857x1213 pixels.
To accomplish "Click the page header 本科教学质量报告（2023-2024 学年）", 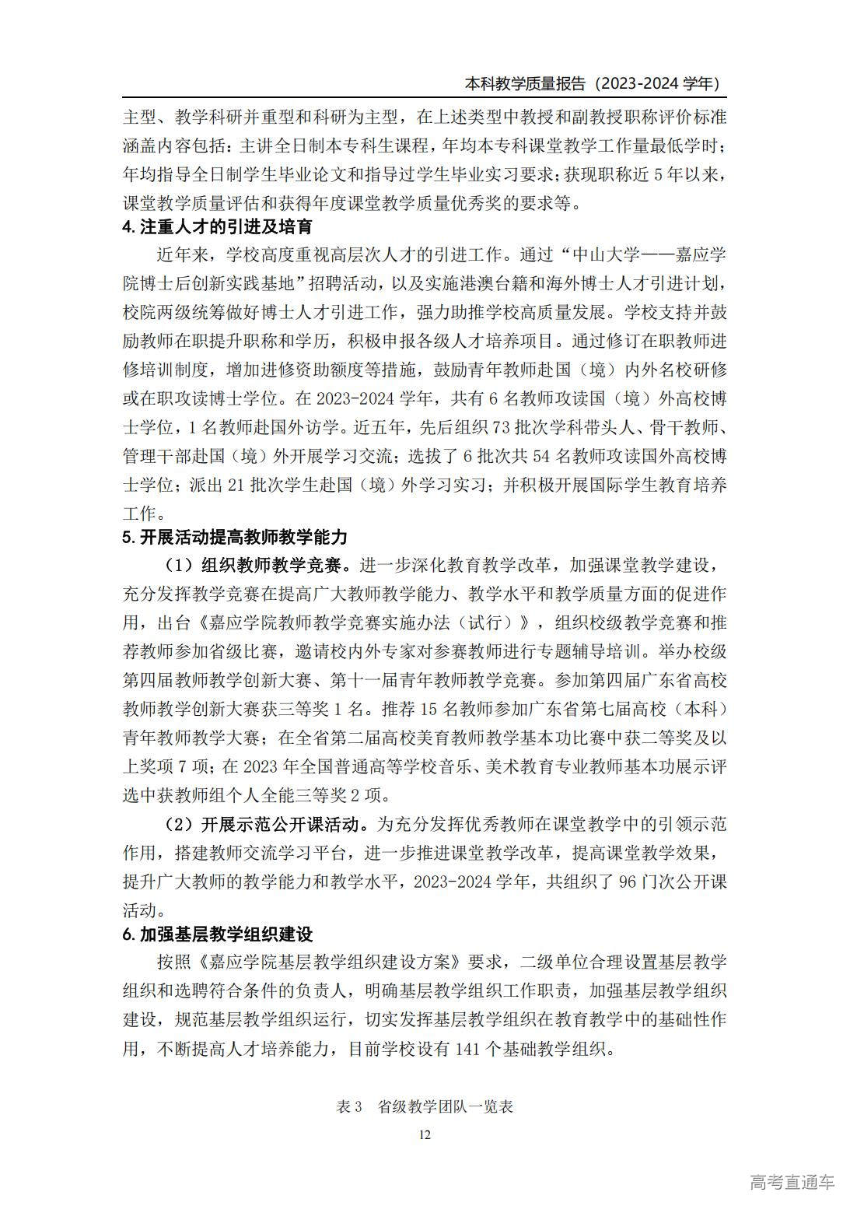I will (591, 83).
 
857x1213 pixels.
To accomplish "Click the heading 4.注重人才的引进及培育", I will (218, 227).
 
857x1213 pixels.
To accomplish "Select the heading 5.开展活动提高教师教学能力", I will (235, 537).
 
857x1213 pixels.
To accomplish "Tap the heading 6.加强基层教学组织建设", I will (218, 934).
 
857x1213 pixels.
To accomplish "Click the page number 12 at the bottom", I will (425, 1134).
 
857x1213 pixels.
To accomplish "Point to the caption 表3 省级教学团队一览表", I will (425, 1106).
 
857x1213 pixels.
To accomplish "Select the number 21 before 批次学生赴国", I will (236, 485).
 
